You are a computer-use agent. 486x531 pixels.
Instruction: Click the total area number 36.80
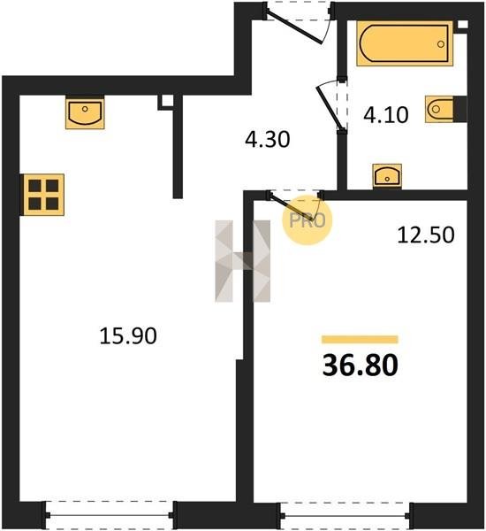pos(361,366)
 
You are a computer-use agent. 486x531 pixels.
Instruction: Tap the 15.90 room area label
pos(128,336)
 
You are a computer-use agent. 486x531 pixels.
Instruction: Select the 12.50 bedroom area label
pos(426,235)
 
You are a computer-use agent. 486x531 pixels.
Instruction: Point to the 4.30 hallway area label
pos(268,139)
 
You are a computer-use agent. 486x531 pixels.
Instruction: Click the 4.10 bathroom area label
pos(386,114)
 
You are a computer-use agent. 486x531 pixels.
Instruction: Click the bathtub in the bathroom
pos(405,43)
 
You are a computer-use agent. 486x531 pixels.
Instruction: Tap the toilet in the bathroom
pos(445,109)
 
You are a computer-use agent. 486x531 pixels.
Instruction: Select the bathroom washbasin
pos(387,176)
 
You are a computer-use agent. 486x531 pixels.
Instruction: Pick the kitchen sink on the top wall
pos(85,112)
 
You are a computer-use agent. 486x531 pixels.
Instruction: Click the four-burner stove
pos(43,195)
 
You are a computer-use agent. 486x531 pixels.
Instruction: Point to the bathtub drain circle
pos(441,44)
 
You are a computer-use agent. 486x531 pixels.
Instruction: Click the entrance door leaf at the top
pos(294,27)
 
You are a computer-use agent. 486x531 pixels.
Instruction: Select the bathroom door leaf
pos(329,107)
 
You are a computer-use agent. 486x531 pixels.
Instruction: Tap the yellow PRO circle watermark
pos(308,220)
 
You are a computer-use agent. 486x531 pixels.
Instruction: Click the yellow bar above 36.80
pos(360,339)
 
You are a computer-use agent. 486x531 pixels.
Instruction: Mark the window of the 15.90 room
pos(110,515)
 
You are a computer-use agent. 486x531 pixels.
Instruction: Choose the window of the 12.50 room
pos(346,516)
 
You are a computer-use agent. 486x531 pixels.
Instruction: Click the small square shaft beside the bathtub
pos(463,25)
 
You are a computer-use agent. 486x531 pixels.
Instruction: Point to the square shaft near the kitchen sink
pos(166,102)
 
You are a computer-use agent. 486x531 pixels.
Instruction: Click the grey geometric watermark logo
pos(243,261)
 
